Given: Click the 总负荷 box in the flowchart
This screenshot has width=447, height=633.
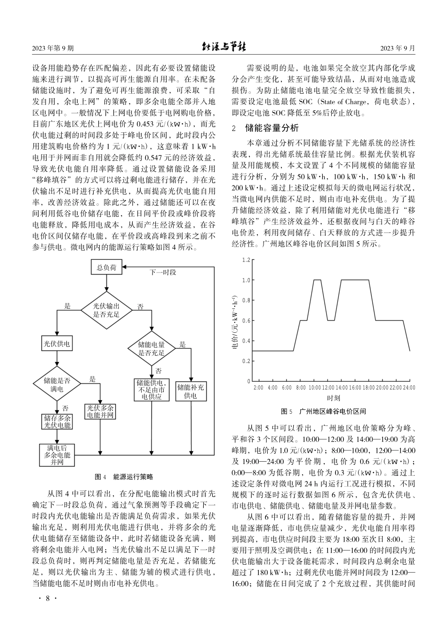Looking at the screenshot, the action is click(x=106, y=268).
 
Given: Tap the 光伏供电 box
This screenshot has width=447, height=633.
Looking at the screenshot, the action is click(x=57, y=344).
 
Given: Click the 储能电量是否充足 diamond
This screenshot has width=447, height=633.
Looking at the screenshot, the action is click(x=152, y=349).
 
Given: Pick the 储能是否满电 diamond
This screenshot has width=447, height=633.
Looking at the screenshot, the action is click(x=57, y=385).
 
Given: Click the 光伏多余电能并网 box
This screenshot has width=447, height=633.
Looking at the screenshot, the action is click(x=101, y=411).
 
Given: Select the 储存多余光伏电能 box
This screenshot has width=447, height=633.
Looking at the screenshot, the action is click(x=57, y=422).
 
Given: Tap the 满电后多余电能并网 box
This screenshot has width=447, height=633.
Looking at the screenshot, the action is click(x=57, y=455).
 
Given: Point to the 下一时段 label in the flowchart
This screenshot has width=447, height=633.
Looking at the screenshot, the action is click(x=163, y=272).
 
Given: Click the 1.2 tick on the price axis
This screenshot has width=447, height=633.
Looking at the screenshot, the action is click(x=246, y=260).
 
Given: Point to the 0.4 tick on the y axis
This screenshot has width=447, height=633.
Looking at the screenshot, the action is click(x=246, y=341).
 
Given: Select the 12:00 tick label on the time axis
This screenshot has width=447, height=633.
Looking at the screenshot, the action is click(x=328, y=388).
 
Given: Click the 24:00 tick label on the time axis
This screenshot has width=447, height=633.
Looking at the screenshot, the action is click(x=409, y=388).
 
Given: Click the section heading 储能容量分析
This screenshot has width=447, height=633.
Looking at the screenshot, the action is click(x=272, y=128).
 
